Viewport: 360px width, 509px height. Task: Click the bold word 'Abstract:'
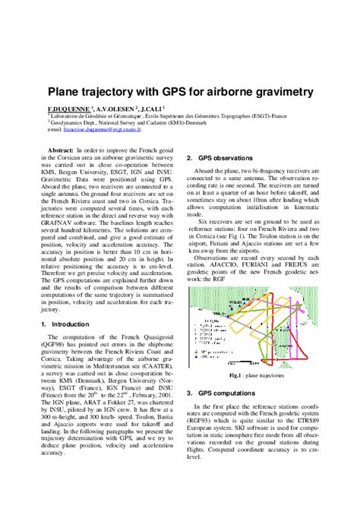coord(62,151)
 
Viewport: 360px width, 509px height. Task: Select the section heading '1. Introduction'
coord(67,324)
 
